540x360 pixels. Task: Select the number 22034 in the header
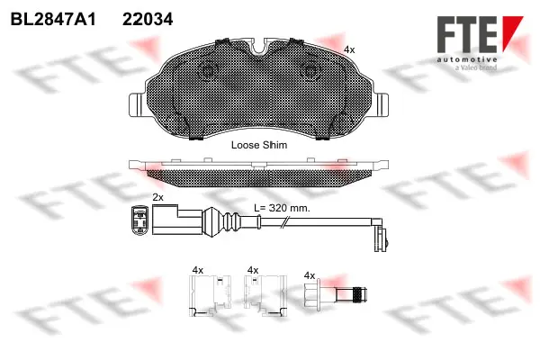click(x=148, y=18)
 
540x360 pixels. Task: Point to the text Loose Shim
click(x=257, y=144)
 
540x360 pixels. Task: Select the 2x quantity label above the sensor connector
click(x=158, y=196)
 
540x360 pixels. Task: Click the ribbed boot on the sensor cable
click(x=220, y=220)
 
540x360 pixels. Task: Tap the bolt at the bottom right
click(x=337, y=295)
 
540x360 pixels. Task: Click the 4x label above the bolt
click(x=310, y=274)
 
